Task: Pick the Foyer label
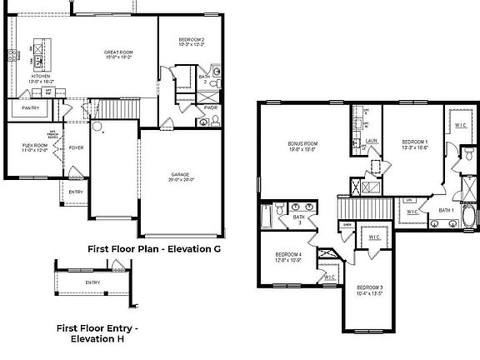(x=76, y=148)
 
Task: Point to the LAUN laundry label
(x=372, y=142)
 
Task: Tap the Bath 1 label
(x=446, y=211)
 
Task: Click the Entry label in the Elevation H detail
(x=92, y=282)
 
